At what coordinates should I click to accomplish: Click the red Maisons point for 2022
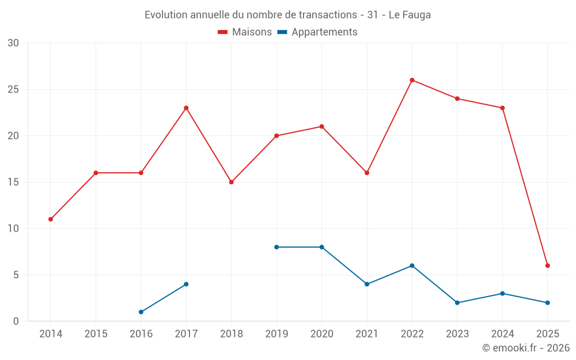(412, 80)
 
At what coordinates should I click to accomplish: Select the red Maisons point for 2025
(548, 266)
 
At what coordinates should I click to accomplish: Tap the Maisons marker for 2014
(51, 219)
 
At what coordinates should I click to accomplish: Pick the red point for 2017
(186, 108)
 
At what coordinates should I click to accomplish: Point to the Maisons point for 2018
(231, 182)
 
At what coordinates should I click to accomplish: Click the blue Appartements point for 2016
(141, 312)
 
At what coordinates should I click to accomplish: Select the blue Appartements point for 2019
(276, 247)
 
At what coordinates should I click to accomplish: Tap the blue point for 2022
(412, 266)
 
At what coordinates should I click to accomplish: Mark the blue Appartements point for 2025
(548, 302)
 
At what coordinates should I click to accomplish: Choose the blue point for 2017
(186, 284)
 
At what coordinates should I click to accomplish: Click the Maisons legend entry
(245, 32)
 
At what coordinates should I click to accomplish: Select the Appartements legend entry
(317, 32)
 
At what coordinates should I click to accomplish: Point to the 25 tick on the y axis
(13, 89)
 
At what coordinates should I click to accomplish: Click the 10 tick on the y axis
(13, 229)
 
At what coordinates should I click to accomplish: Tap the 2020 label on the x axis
(321, 334)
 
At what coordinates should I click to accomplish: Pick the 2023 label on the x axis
(457, 334)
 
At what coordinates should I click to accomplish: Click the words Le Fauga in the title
(410, 14)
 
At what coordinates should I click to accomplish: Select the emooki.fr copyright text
(525, 348)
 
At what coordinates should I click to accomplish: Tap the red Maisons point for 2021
(367, 173)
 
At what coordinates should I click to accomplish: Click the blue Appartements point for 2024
(502, 293)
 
